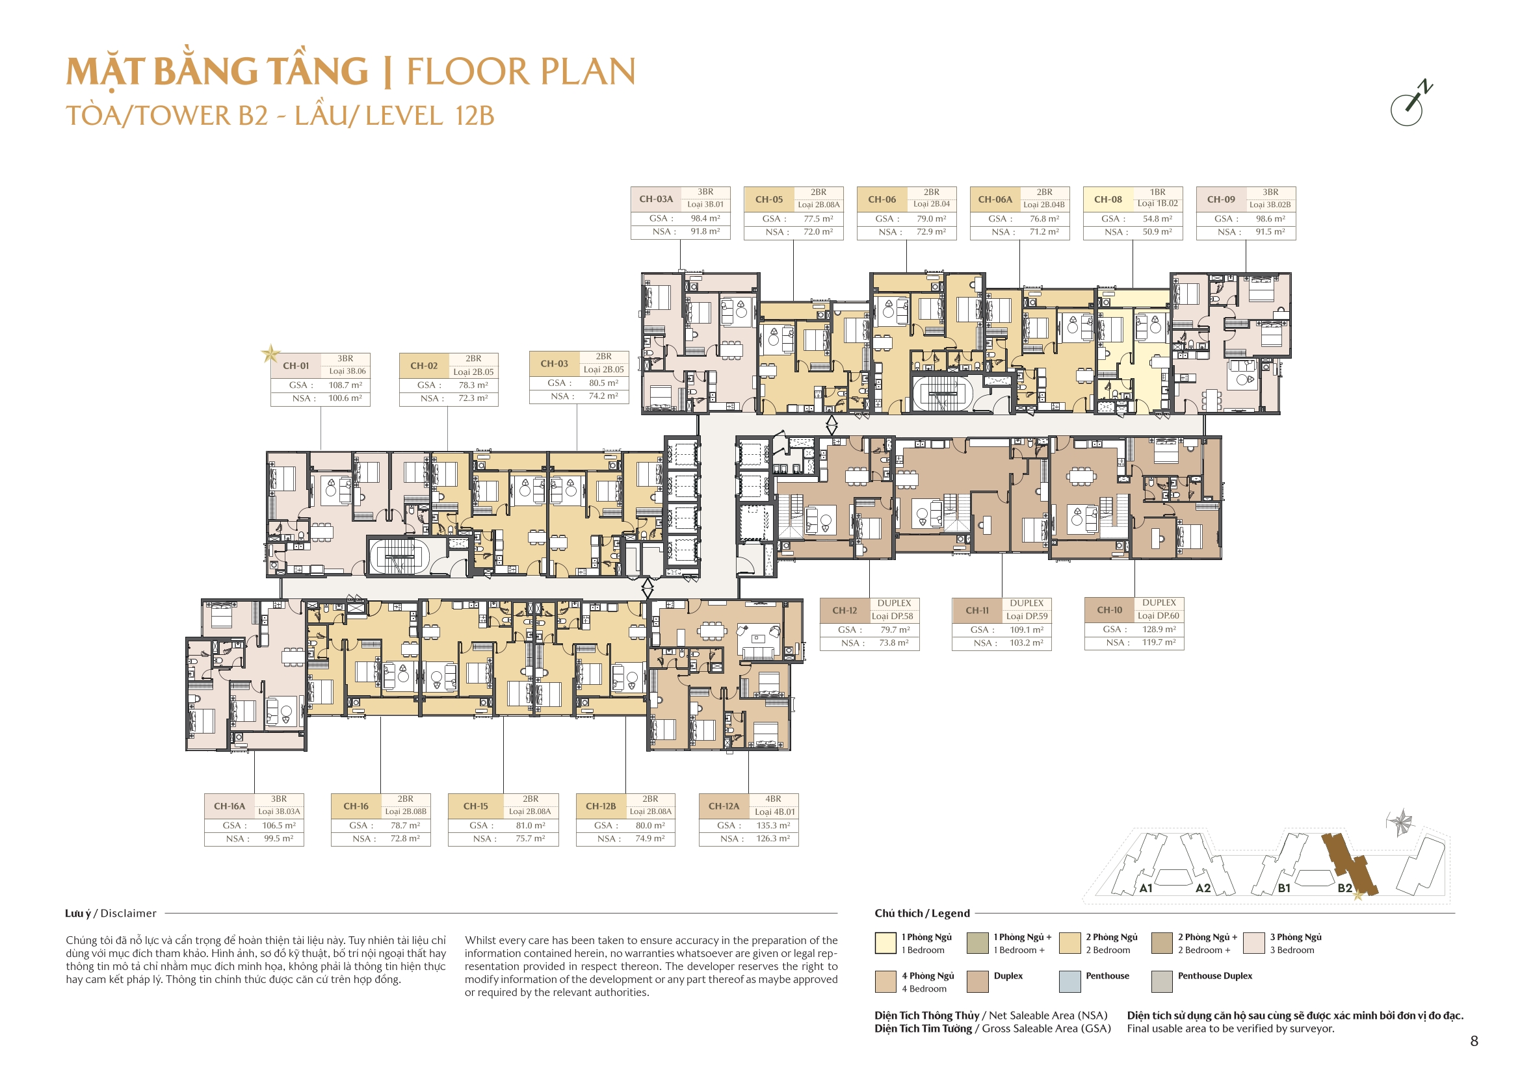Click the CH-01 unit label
tap(295, 366)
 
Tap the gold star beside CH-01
tap(270, 353)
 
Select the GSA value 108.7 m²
tap(345, 385)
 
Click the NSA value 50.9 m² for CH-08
tap(1157, 231)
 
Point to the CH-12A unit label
tap(724, 806)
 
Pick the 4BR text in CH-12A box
tap(772, 799)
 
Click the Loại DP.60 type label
tap(1158, 615)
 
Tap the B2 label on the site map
tap(1344, 888)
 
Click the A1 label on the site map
tap(1146, 888)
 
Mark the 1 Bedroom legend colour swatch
tap(885, 943)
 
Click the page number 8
tap(1474, 1041)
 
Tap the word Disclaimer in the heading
tap(129, 914)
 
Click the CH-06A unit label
tap(995, 199)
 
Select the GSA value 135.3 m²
tap(772, 825)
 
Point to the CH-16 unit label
tap(356, 806)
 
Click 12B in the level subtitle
tap(475, 116)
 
